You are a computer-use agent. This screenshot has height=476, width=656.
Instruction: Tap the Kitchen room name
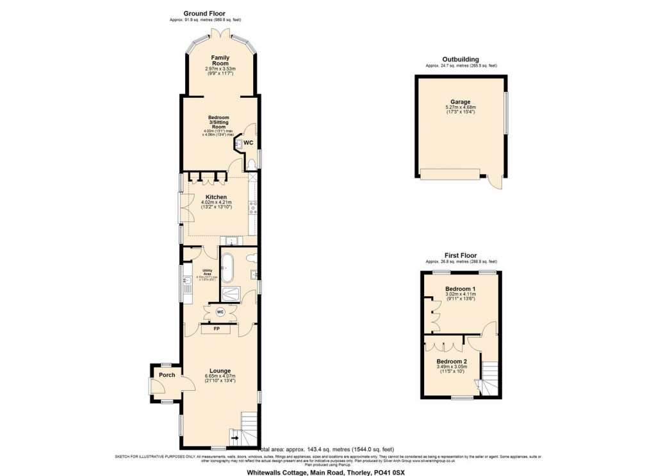click(216, 197)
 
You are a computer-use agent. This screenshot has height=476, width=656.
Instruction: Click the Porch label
click(167, 375)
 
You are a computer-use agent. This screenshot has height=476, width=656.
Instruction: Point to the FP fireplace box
click(217, 329)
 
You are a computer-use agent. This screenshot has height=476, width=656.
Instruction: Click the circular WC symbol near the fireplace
click(220, 312)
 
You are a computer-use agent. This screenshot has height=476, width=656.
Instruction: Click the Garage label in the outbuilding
click(460, 102)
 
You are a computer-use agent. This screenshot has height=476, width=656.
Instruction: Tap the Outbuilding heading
click(461, 59)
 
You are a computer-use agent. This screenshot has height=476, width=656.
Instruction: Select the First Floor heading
click(461, 255)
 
